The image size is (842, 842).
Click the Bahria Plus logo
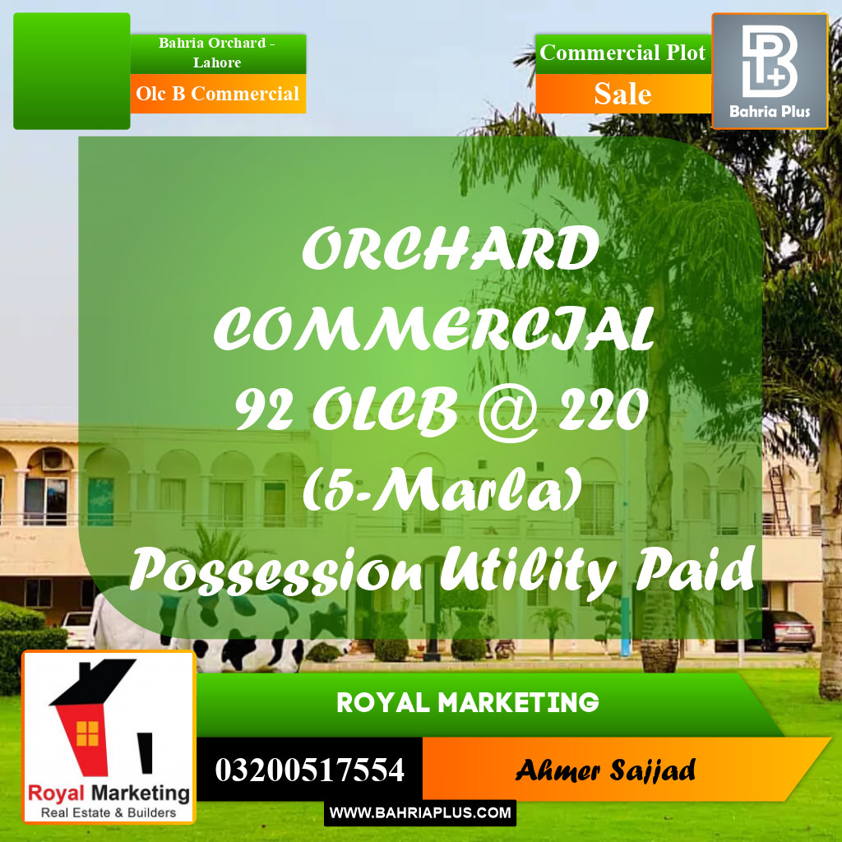pos(769,71)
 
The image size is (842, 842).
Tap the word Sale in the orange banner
pos(622,94)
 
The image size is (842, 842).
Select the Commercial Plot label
pos(622,53)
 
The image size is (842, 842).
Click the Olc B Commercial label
pos(217,94)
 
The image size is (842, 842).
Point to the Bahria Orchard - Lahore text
pos(217,53)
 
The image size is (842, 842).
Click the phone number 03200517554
pos(309,770)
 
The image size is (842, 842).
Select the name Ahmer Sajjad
pos(605,770)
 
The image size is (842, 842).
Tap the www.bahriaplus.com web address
pos(420,813)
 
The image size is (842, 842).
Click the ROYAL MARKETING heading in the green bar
pos(467,703)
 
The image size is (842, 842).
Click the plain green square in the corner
pos(72,71)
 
